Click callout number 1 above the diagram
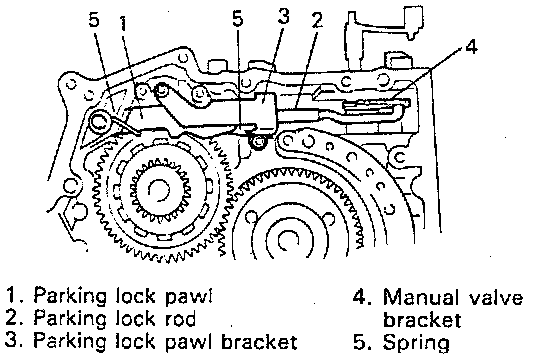coord(124,24)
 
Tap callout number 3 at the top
coord(283,17)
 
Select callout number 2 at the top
coord(317,20)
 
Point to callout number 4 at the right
coord(471,46)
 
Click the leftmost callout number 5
coord(94,19)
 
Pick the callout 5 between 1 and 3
coord(238,18)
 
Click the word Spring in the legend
coord(416,343)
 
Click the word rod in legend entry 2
coord(180,318)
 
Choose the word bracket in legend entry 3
coord(259,341)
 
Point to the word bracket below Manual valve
coord(422,320)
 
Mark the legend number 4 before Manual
coord(362,298)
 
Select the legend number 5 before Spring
coord(362,342)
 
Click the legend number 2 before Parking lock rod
coord(14,318)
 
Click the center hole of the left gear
coord(159,190)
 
